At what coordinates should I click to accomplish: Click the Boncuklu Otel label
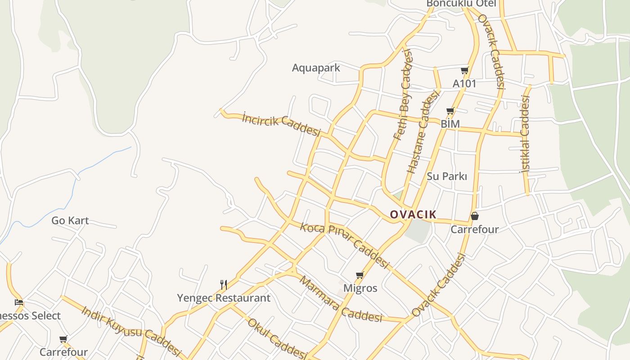(x=461, y=4)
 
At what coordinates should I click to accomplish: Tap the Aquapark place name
(x=316, y=68)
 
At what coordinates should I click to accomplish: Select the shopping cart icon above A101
(x=464, y=71)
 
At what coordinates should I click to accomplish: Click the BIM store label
(x=450, y=124)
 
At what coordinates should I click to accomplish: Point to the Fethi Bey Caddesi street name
(x=403, y=94)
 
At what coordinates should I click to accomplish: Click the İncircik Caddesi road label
(x=281, y=124)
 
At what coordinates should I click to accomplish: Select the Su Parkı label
(x=447, y=176)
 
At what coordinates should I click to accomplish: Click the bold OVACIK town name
(x=413, y=215)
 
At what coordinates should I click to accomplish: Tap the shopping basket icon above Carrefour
(x=474, y=216)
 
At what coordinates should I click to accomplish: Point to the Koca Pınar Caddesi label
(x=344, y=245)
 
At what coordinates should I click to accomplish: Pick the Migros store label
(x=360, y=288)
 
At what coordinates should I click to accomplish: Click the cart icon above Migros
(x=360, y=275)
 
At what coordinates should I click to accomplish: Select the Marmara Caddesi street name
(x=340, y=300)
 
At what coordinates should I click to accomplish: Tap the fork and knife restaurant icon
(x=223, y=284)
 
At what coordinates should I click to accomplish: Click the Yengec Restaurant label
(x=224, y=298)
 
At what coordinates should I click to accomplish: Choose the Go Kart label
(x=70, y=220)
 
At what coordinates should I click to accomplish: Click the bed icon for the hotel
(x=19, y=302)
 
